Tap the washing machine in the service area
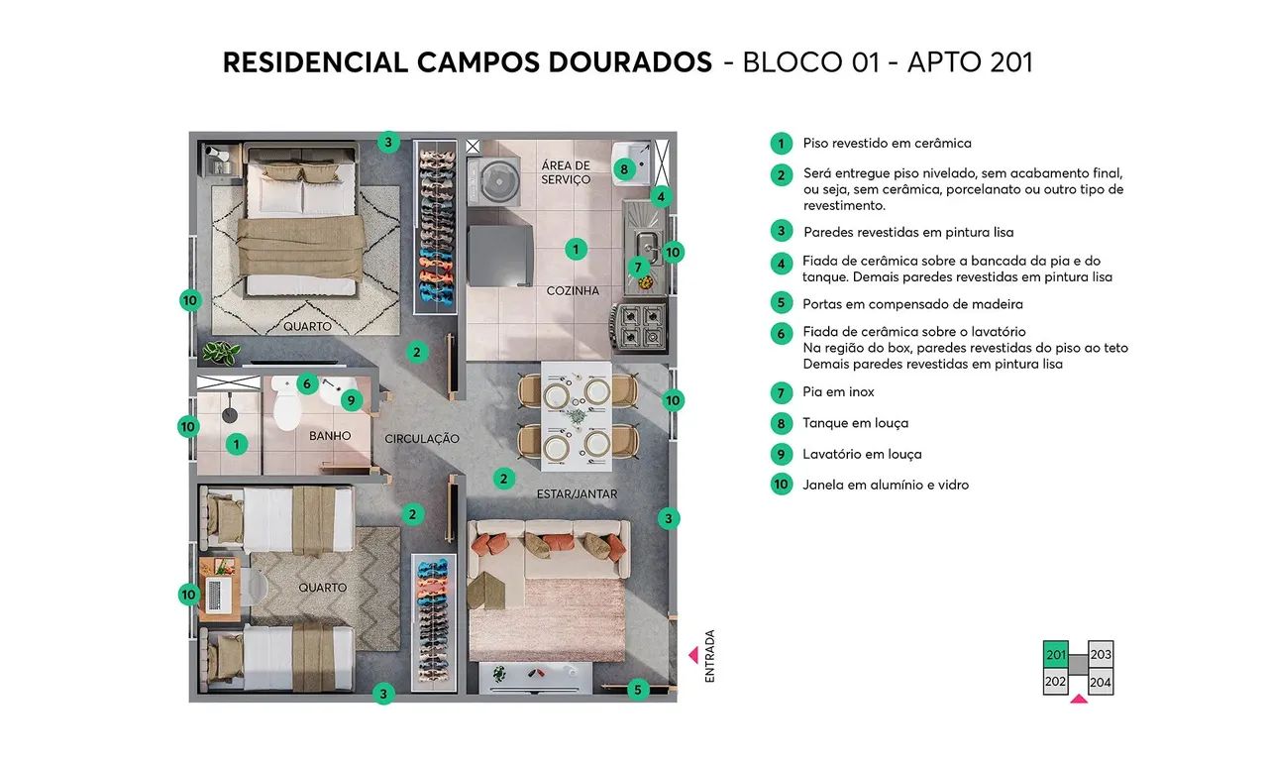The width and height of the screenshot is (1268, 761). (492, 179)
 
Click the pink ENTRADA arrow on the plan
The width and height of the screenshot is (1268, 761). (693, 655)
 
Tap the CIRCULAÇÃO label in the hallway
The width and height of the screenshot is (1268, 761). (421, 438)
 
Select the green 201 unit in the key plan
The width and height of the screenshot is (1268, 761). (1056, 655)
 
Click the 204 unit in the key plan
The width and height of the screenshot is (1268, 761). (1101, 682)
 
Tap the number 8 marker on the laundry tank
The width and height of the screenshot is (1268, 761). (623, 169)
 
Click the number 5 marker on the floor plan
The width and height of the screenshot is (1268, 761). (638, 689)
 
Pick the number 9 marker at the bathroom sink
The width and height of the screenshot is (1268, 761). (350, 400)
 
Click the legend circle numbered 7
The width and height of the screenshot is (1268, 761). (782, 392)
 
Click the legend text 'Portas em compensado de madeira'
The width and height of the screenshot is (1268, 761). (912, 304)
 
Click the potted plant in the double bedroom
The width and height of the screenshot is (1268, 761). (220, 352)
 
